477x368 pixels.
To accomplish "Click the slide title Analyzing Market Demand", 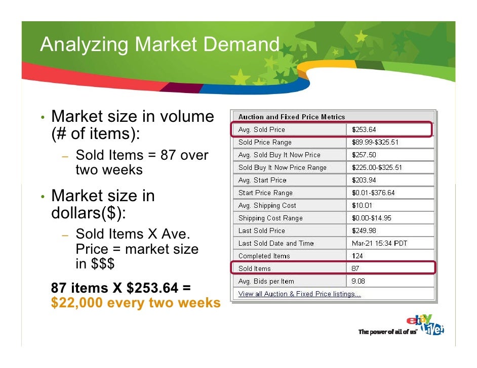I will click(x=160, y=45).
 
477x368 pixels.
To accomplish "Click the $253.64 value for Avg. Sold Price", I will click(x=364, y=130).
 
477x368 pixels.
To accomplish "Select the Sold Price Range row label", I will click(x=265, y=143).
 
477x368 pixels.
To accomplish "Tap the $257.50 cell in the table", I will click(x=364, y=155).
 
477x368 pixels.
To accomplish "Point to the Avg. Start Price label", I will click(x=262, y=180).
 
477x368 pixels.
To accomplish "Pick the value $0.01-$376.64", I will click(x=373, y=193).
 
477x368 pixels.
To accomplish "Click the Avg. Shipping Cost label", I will click(x=267, y=206).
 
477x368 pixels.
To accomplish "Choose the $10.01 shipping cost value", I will click(x=362, y=206).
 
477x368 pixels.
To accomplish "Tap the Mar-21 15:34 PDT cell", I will click(x=380, y=244).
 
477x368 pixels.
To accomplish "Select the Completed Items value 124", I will click(x=357, y=256).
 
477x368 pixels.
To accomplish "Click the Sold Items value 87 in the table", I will click(x=355, y=269).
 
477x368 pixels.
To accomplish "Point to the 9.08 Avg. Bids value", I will click(x=359, y=282).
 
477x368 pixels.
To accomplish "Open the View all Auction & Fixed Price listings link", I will click(x=299, y=294).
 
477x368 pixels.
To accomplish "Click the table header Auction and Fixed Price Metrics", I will click(x=291, y=117).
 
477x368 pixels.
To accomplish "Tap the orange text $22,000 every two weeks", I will click(x=136, y=303).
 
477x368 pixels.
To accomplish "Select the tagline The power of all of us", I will click(x=387, y=332).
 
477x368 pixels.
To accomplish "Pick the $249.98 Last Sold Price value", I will click(x=364, y=231).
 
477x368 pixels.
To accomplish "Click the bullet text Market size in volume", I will click(x=133, y=117).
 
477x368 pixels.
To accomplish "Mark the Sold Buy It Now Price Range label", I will click(x=283, y=168).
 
